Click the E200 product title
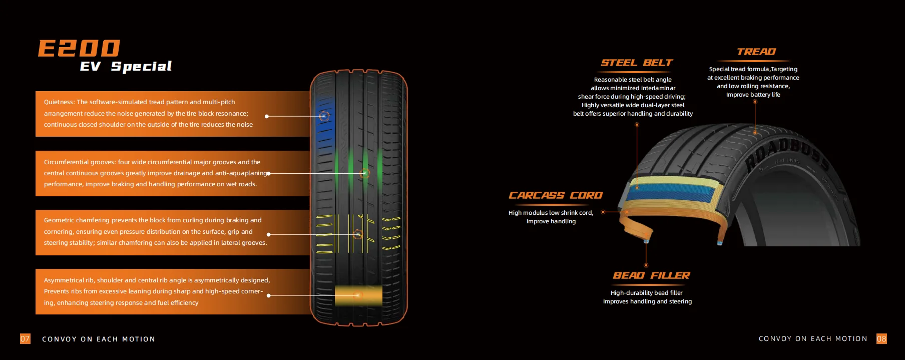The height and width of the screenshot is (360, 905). click(79, 49)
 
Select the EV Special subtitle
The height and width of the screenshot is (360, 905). click(126, 67)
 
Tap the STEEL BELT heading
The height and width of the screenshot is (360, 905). click(636, 63)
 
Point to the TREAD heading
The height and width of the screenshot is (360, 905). click(756, 52)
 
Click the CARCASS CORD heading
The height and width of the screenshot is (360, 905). click(555, 196)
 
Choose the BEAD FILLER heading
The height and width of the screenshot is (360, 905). click(651, 276)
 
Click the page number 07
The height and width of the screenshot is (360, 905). click(25, 339)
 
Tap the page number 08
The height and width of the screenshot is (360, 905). click(881, 339)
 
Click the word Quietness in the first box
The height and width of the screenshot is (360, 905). click(59, 102)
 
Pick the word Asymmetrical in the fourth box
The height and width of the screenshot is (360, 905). click(64, 280)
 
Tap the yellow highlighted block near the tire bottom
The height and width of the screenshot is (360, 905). click(357, 295)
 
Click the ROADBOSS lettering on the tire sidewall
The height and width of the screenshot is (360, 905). click(786, 153)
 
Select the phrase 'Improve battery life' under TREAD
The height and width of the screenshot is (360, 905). click(753, 95)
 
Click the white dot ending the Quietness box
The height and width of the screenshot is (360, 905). click(267, 116)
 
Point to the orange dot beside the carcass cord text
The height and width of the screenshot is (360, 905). click(603, 212)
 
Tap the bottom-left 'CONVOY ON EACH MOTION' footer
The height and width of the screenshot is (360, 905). click(99, 339)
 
